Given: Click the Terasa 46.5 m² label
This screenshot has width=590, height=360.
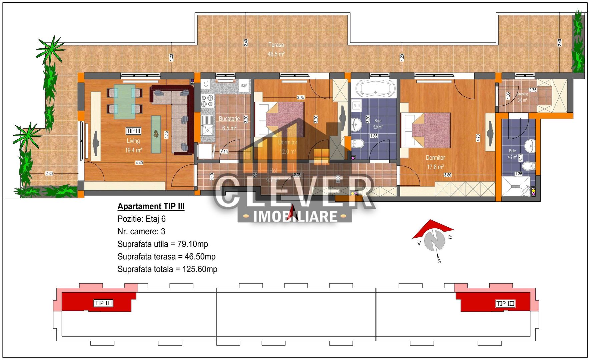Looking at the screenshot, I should tap(276, 49).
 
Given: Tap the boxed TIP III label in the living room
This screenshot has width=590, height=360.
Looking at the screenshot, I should tap(133, 131).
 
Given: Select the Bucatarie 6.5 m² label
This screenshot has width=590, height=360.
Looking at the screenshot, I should tap(229, 123).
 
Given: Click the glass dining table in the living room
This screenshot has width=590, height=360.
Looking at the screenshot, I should tap(125, 101).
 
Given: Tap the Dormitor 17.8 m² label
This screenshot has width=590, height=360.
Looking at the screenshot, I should tap(435, 162).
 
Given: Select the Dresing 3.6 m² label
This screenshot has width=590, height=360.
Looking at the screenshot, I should tap(522, 97).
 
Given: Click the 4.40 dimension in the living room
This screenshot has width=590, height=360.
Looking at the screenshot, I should tap(139, 163).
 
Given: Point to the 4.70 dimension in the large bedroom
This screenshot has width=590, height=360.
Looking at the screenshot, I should tap(478, 138).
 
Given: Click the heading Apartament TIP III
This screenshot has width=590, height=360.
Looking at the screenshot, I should tap(151, 206).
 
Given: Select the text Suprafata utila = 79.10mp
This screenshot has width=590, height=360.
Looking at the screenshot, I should tap(163, 244).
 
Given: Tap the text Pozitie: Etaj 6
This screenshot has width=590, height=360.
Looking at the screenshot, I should tap(141, 219).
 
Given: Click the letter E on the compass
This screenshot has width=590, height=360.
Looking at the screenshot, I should tap(450, 237).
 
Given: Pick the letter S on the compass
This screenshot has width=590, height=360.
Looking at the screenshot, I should tap(439, 261).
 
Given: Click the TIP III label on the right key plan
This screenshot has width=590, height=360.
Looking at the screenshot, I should tap(505, 304).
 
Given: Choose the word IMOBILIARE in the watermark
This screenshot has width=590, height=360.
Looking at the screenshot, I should tap(295, 217).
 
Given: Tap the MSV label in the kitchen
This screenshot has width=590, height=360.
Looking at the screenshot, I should tap(244, 86).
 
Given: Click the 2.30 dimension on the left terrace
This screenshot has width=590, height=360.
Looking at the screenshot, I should tap(49, 173).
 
